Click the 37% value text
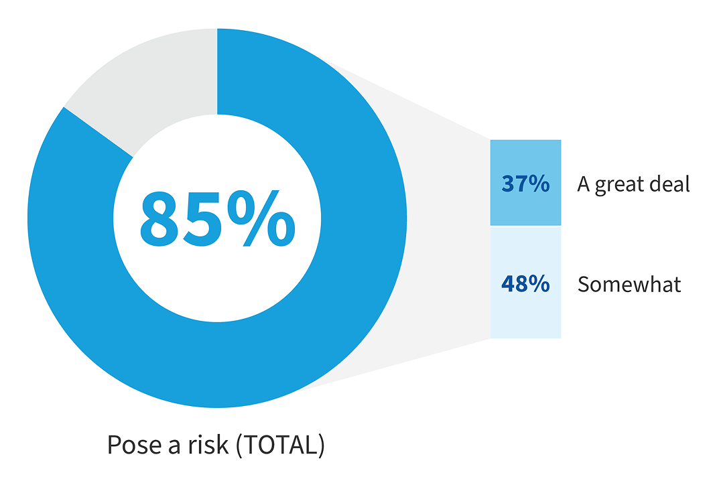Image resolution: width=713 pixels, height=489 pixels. click(x=525, y=184)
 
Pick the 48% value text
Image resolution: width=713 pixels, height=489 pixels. click(x=525, y=284)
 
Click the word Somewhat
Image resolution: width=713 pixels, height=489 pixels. click(x=629, y=285)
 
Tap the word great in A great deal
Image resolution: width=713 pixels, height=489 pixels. click(x=619, y=185)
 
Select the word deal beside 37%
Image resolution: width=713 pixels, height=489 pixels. click(x=670, y=184)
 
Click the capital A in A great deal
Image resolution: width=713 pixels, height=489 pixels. click(x=584, y=184)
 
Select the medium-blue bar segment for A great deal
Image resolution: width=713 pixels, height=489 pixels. click(x=525, y=161)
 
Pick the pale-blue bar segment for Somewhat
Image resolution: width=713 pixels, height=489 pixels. click(x=525, y=315)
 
